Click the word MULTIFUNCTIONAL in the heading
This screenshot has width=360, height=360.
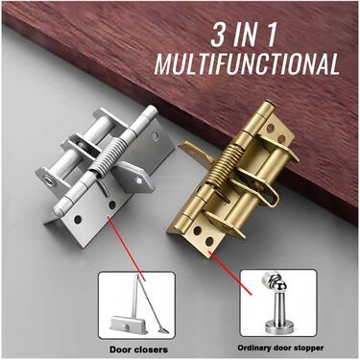(x=247, y=64)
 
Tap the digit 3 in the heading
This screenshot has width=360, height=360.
(x=219, y=35)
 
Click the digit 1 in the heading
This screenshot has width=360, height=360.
(x=270, y=35)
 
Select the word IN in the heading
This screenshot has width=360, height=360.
(x=246, y=35)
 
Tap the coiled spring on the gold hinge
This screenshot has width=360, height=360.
(x=223, y=162)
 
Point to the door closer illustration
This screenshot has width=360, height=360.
(x=136, y=305)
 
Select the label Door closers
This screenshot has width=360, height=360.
(x=138, y=349)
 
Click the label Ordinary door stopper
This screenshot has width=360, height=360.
(x=280, y=348)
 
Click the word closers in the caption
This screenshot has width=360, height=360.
(x=152, y=349)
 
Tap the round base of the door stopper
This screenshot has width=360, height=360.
(x=278, y=327)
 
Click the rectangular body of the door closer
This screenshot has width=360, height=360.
(x=124, y=324)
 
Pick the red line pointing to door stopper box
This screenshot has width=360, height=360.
(x=229, y=273)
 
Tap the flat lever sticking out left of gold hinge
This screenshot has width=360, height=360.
(x=195, y=151)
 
